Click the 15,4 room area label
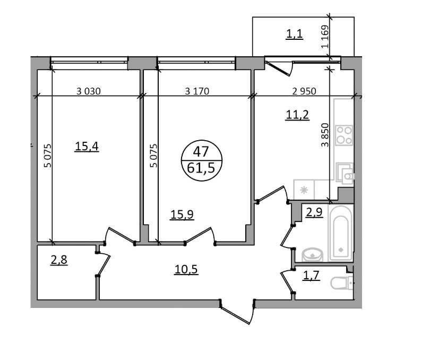87,147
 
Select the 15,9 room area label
182,215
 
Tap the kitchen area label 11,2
297,115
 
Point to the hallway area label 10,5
186,269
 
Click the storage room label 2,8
59,260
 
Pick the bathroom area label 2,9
314,212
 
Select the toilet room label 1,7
311,276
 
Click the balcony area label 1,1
295,34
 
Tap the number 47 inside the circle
201,152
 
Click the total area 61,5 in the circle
201,168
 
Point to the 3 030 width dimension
89,91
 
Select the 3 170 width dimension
197,91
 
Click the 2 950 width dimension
304,91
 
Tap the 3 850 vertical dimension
325,135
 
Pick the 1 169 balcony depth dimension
325,37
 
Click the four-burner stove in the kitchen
344,135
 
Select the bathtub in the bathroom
341,233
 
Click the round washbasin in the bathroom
312,254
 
